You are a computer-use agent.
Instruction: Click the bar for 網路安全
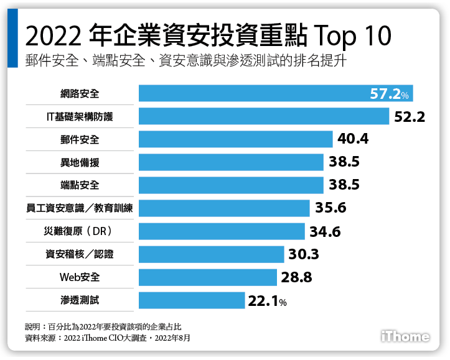275,93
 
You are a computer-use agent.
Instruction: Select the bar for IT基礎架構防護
263,116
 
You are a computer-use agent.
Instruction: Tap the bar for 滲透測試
191,301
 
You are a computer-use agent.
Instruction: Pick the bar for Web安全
207,278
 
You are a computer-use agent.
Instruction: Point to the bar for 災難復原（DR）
222,232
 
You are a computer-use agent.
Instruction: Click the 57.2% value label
389,95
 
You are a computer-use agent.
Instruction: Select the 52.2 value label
410,116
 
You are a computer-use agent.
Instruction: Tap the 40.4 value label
353,139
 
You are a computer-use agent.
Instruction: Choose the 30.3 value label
304,255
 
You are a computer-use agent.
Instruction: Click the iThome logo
405,336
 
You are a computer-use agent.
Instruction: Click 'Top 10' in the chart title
352,37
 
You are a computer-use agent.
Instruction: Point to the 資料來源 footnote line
107,338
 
